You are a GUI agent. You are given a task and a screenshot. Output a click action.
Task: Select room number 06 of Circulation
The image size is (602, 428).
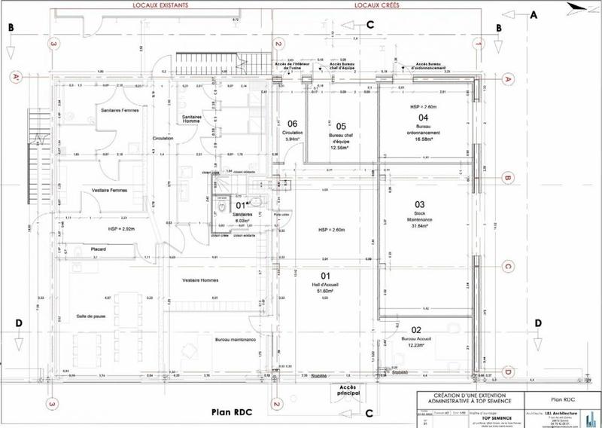(293, 124)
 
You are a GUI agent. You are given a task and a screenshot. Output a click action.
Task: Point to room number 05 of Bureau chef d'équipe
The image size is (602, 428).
(340, 126)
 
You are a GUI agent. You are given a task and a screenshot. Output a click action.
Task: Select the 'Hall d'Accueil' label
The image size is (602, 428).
(327, 284)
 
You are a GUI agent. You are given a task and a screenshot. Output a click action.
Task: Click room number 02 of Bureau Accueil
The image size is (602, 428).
(415, 329)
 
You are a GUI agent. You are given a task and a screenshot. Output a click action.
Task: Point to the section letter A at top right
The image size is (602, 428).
(534, 15)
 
